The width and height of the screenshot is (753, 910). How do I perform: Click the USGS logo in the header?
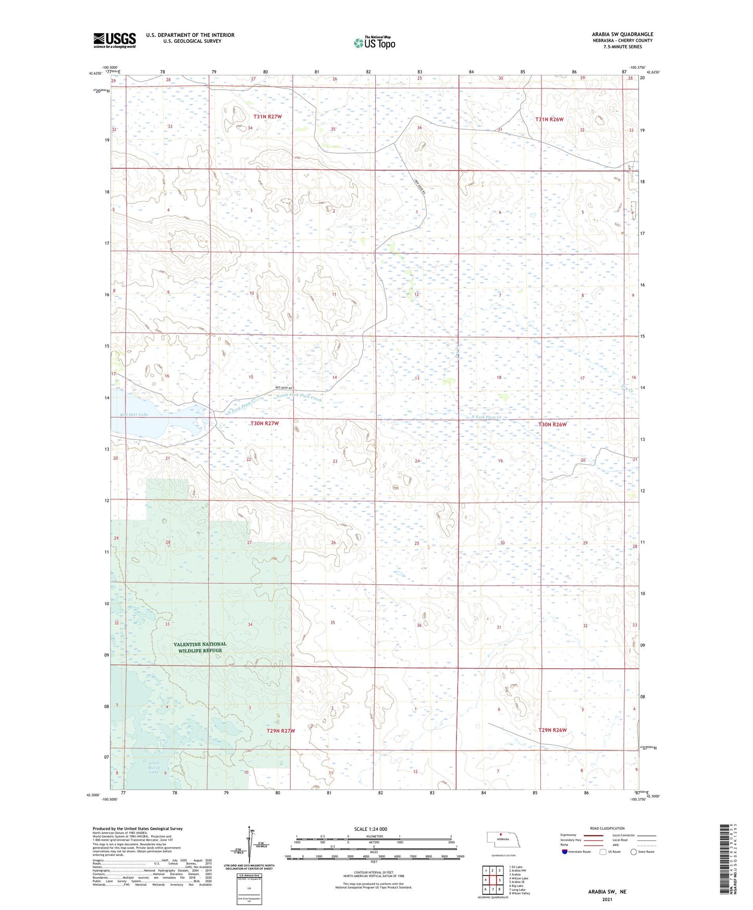pos(115,40)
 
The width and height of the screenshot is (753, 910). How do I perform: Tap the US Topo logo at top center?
pos(374,43)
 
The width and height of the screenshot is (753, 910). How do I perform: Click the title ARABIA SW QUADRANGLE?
pos(622,34)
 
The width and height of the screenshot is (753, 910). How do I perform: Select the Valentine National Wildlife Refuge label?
pos(200,647)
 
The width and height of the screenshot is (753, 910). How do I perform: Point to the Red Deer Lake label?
pos(134,414)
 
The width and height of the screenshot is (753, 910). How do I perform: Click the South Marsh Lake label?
pos(153,767)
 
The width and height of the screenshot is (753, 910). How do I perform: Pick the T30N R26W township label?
pos(552,424)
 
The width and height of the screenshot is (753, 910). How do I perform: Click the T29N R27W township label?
pos(280,731)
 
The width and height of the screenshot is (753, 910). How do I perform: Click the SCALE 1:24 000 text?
pos(371,829)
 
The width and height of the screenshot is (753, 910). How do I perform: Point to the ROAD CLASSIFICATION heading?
pos(607,828)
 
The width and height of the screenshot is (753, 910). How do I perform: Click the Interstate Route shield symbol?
pos(565,852)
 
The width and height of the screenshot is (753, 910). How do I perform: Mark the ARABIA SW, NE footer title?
pos(607,891)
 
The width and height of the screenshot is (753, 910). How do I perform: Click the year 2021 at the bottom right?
pos(607,899)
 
